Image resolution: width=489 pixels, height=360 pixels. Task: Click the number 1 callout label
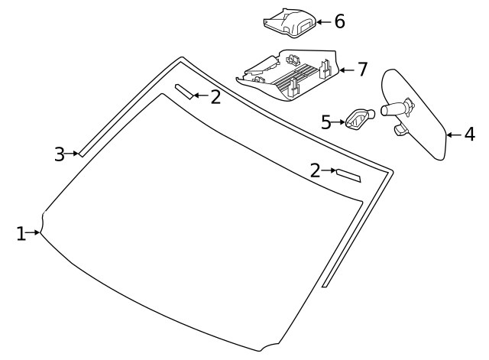21,234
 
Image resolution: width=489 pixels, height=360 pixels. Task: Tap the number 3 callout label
60,154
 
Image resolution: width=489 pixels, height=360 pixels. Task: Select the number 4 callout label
468,135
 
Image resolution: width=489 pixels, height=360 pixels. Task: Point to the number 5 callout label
325,122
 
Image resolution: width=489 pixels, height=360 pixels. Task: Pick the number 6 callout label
339,21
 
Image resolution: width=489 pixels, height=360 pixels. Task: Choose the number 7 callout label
362,70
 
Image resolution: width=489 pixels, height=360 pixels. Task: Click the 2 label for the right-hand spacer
315,170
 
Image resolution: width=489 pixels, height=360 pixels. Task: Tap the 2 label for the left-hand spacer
215,96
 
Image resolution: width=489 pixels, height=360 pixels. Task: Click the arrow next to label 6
323,22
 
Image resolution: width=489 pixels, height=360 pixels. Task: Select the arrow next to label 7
345,70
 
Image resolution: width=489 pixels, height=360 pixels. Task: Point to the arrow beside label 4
452,135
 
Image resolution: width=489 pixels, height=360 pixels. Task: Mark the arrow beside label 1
34,232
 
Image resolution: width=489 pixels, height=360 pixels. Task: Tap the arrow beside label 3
73,154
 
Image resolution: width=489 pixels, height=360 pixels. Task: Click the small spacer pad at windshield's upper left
184,92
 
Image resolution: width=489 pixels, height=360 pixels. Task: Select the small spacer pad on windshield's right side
348,175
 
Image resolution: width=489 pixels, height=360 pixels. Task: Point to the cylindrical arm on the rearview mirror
393,109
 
